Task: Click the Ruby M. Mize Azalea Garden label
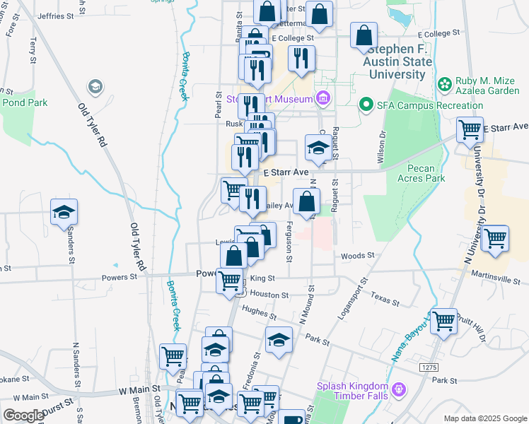point(488,85)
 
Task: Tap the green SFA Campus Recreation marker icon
point(366,105)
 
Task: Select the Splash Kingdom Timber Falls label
point(353,391)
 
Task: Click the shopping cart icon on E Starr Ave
point(469,130)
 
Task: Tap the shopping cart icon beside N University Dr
point(494,238)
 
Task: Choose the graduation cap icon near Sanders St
point(64,212)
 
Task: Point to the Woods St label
point(356,255)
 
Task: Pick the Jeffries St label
point(55,16)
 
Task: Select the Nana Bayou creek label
point(409,339)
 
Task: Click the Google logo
point(23,416)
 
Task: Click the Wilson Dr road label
point(382,147)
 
